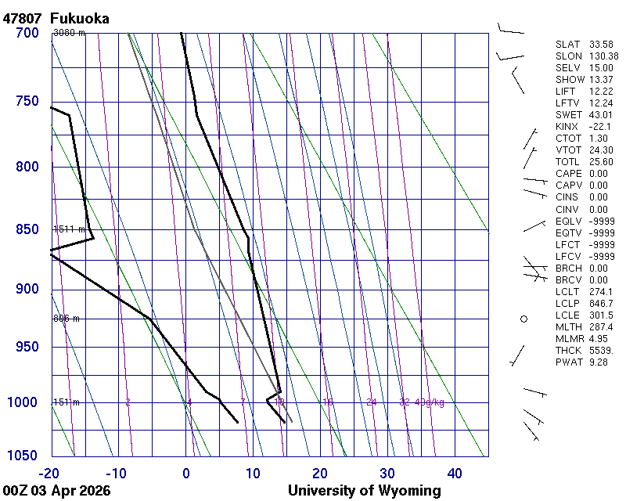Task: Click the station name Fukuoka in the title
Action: point(79,18)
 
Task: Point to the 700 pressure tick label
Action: point(27,33)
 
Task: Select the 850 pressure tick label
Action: point(27,229)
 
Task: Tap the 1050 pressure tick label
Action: point(23,456)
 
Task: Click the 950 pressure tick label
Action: point(27,347)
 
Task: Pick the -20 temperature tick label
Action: point(49,473)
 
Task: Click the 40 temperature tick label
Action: point(454,473)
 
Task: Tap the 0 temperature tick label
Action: point(186,473)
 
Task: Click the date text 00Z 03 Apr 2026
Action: point(56,491)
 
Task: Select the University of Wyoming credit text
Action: point(364,491)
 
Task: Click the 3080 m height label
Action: point(69,33)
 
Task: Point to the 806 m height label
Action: point(67,319)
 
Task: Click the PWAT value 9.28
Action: point(599,362)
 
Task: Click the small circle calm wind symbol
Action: point(524,319)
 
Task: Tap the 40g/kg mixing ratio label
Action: point(430,402)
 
